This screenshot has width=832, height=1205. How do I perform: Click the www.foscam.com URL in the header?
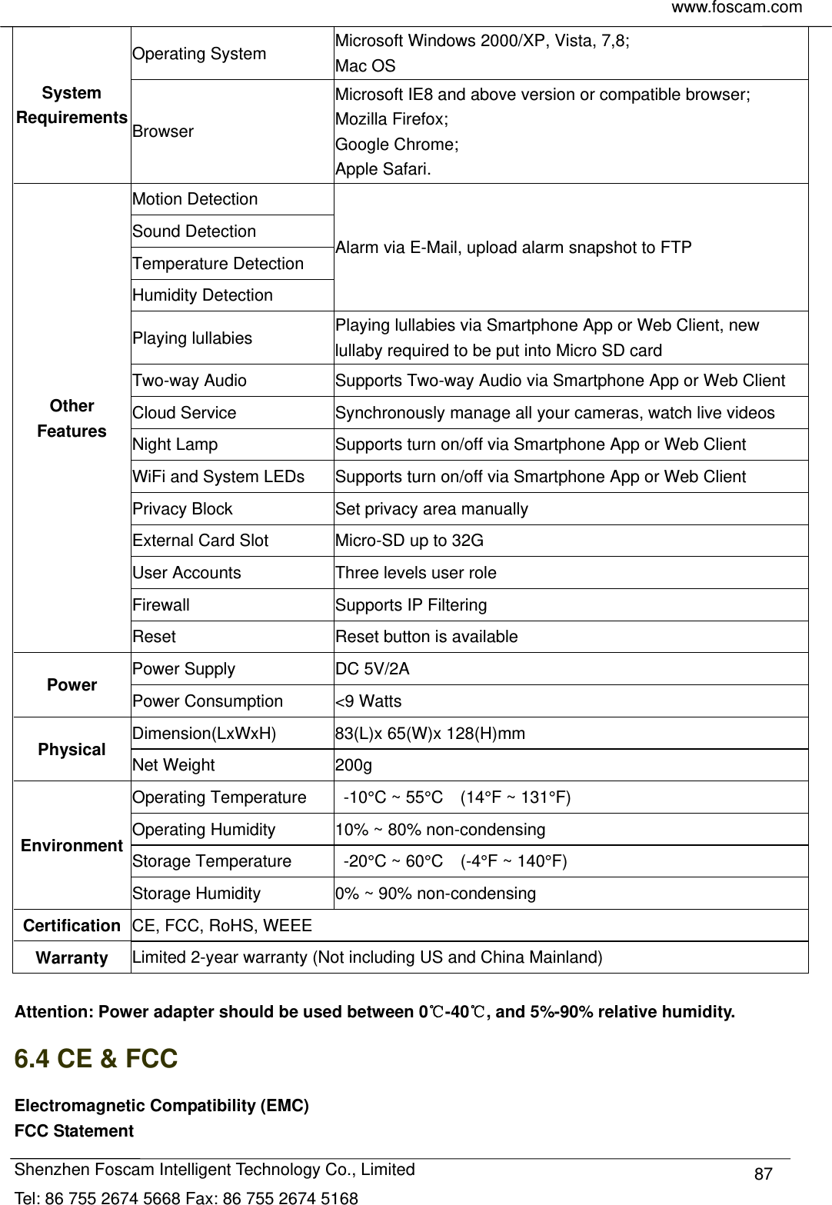click(x=737, y=8)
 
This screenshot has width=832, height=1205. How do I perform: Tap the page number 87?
click(x=763, y=1174)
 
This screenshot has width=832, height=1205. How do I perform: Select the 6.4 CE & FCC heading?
click(x=96, y=1059)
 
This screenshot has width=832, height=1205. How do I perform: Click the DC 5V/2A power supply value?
click(x=372, y=669)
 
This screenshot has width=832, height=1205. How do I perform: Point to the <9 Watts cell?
click(x=368, y=701)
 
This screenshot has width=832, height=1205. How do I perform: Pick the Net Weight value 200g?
click(x=353, y=765)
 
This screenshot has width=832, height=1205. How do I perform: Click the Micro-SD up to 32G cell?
click(x=409, y=541)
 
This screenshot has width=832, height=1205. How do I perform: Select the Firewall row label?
click(x=161, y=605)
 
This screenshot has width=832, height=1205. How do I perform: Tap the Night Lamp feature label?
click(x=175, y=444)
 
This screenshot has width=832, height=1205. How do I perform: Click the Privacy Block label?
click(x=182, y=509)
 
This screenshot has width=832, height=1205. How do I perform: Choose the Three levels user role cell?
click(x=415, y=573)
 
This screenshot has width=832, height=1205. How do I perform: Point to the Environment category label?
click(x=72, y=846)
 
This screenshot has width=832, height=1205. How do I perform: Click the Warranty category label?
click(x=72, y=958)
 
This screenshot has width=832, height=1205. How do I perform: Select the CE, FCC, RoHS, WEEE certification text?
click(x=222, y=926)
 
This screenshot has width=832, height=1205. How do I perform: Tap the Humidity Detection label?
click(x=202, y=295)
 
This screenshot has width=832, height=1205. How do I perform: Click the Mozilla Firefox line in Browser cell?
click(x=392, y=119)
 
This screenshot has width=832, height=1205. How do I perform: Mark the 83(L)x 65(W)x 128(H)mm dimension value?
click(x=430, y=734)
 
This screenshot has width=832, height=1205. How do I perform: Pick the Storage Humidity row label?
click(x=196, y=894)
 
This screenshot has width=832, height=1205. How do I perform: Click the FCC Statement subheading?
click(x=74, y=1131)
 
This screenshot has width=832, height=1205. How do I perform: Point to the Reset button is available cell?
click(x=426, y=637)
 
